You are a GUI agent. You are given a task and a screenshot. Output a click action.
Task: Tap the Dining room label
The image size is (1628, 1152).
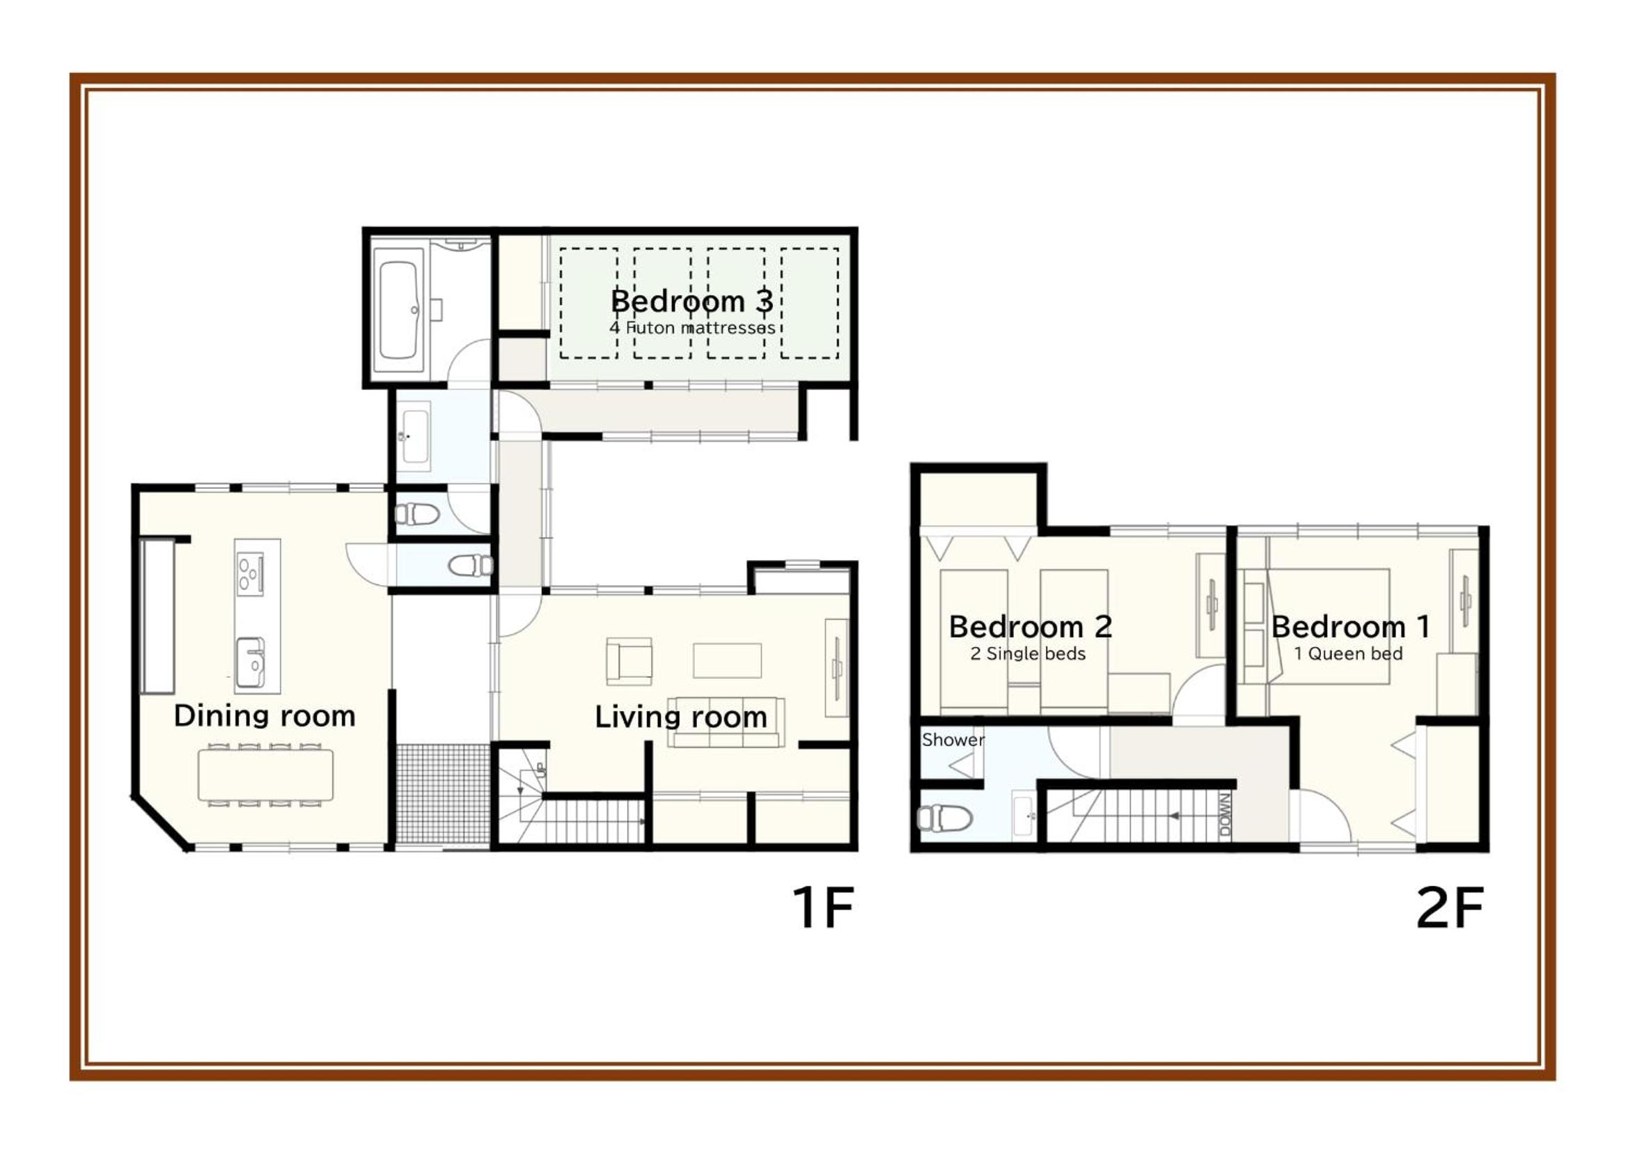click(x=265, y=717)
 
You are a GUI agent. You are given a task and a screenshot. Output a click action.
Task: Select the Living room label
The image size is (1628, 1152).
click(x=681, y=718)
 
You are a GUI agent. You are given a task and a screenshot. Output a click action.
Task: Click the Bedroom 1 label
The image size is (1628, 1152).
click(x=1351, y=626)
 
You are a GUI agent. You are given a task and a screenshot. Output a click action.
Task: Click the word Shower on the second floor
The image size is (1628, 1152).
click(x=953, y=740)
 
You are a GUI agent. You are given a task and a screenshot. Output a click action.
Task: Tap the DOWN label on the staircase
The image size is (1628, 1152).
click(x=1225, y=815)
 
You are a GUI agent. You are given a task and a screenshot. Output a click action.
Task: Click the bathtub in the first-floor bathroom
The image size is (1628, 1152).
click(x=398, y=310)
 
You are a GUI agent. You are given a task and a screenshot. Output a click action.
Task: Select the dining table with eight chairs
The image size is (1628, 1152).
click(x=265, y=775)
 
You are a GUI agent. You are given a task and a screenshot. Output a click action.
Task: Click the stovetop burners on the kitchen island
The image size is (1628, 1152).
click(x=249, y=573)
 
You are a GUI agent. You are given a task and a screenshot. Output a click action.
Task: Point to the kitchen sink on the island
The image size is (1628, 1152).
click(x=250, y=662)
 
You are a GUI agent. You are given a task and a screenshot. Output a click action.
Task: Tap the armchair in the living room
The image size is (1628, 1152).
click(x=628, y=661)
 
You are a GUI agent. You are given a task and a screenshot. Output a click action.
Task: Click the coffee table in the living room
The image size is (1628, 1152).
click(x=727, y=660)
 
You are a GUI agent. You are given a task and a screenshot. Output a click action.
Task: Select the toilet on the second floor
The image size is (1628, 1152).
click(x=944, y=818)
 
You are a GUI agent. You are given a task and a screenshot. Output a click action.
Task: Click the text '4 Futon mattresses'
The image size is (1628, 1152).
click(x=692, y=329)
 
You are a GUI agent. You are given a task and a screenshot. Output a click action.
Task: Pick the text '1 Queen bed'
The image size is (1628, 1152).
click(x=1348, y=653)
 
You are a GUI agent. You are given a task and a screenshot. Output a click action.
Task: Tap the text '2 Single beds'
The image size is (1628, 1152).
click(x=1028, y=653)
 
